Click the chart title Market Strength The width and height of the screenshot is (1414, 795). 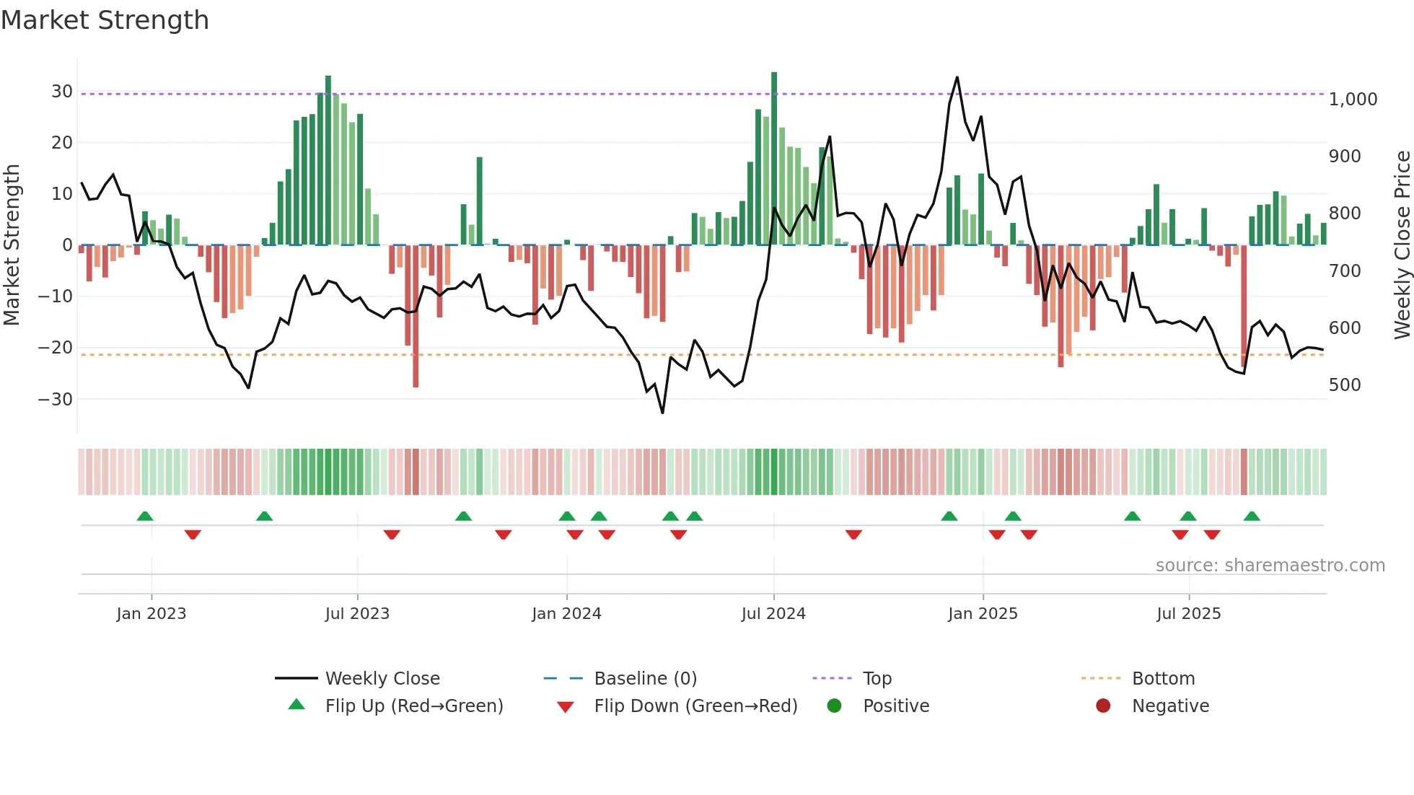tap(105, 20)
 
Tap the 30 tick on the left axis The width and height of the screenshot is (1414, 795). tap(62, 92)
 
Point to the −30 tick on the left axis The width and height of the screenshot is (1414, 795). tap(56, 399)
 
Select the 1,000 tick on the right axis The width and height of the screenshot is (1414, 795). tap(1353, 100)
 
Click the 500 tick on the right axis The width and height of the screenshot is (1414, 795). tap(1345, 385)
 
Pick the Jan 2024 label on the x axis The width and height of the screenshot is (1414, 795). tap(566, 614)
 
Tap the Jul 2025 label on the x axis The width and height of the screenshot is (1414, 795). tap(1188, 614)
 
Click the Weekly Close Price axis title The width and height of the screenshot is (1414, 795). tap(1402, 245)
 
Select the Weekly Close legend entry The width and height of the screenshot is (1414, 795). tap(382, 679)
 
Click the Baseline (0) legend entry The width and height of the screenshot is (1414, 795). tap(645, 679)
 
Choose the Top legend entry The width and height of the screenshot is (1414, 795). tap(877, 679)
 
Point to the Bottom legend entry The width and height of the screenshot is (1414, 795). tap(1163, 679)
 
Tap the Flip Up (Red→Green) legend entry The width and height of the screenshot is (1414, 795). tap(413, 706)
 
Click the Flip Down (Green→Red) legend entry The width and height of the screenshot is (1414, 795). tap(695, 706)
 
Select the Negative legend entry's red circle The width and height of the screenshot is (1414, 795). tap(1103, 706)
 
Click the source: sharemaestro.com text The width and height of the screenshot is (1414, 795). tap(1270, 566)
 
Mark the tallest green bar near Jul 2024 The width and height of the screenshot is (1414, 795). tap(774, 159)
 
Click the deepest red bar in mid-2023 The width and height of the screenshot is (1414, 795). tap(416, 317)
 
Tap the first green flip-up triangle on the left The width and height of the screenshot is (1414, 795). tap(145, 516)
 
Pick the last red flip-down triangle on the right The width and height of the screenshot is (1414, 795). tap(1212, 535)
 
